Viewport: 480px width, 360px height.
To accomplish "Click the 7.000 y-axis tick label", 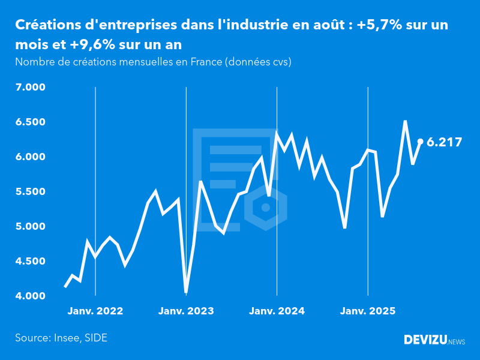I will click(29, 88).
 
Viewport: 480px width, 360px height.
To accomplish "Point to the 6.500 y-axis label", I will click(29, 122).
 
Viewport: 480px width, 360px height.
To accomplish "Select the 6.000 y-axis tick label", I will click(29, 157).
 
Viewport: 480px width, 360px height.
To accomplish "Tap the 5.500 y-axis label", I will click(29, 192).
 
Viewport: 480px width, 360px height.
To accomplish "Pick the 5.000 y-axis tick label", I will click(29, 227).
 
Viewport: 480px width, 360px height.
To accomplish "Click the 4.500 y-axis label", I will click(29, 262).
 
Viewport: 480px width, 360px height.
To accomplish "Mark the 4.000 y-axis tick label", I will click(29, 296).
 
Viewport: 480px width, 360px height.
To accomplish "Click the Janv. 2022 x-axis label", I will click(95, 311).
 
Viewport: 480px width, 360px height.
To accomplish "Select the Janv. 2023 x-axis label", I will click(186, 311).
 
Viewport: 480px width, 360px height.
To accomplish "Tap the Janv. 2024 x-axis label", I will click(277, 311).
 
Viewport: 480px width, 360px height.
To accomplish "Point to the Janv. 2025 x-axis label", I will click(368, 311).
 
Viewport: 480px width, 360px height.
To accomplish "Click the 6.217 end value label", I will click(444, 142).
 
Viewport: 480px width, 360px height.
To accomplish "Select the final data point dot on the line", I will click(421, 142).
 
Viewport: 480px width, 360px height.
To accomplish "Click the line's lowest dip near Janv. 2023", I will click(186, 292).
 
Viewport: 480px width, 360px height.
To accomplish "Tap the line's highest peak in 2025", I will click(406, 121).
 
